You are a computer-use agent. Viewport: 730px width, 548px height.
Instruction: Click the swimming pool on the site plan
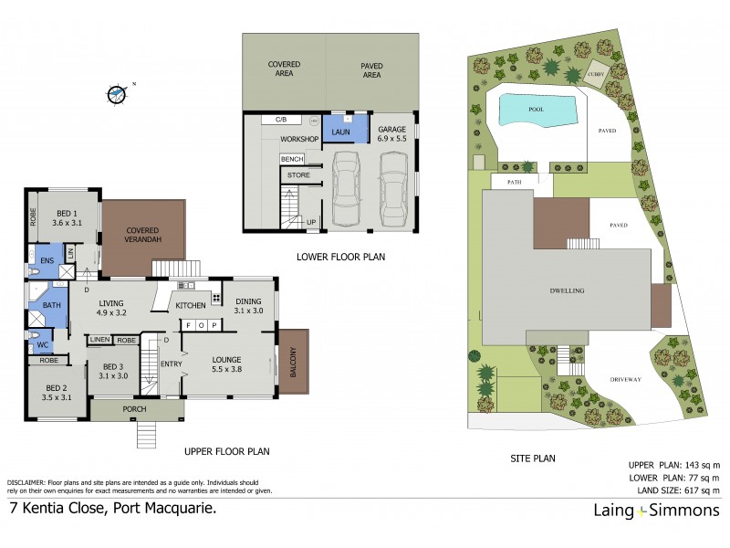tap(539, 110)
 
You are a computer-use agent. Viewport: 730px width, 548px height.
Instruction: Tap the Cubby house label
tap(597, 74)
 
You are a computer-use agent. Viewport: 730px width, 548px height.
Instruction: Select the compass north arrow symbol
tap(116, 93)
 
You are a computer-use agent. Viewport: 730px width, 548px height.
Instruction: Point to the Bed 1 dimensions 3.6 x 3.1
tap(68, 222)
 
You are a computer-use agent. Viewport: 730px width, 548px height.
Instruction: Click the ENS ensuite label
tap(47, 260)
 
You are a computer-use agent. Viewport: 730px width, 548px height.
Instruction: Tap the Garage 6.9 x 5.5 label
tap(392, 136)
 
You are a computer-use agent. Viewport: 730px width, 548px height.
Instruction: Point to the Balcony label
tap(294, 361)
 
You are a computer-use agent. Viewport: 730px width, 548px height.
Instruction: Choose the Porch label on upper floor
tap(134, 410)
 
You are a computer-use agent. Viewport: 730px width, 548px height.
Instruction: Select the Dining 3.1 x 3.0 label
tap(247, 306)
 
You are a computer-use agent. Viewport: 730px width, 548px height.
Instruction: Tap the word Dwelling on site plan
tap(567, 290)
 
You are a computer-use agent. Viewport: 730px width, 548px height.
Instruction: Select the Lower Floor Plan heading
tap(340, 258)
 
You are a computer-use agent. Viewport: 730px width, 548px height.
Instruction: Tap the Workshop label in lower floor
tap(298, 139)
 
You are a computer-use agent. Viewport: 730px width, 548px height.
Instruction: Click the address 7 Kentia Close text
tap(113, 510)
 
